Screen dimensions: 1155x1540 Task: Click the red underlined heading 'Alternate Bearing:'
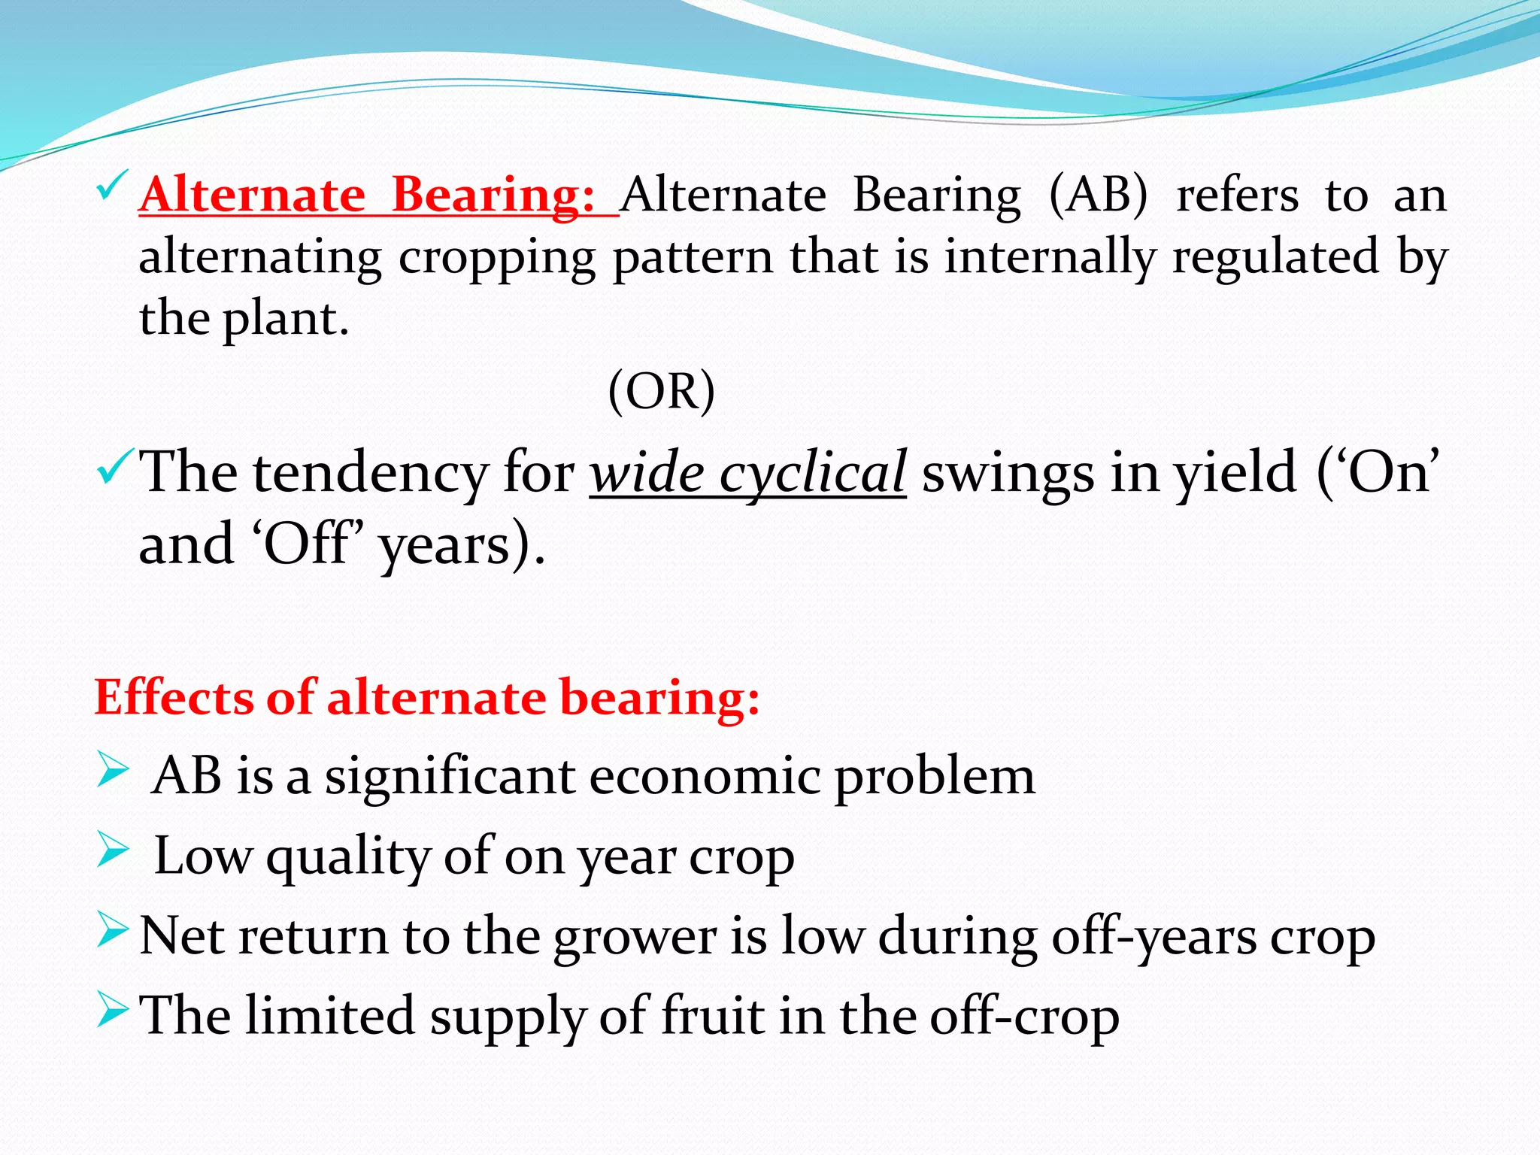368,196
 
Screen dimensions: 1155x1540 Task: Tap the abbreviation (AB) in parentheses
1098,196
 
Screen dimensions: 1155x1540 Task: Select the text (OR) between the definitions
661,391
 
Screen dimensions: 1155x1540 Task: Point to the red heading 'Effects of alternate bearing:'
426,697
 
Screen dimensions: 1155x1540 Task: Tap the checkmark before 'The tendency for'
114,466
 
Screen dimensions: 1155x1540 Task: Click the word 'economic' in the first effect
704,776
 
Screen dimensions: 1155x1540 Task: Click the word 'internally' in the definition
1050,258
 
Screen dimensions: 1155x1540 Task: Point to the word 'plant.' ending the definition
285,320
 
